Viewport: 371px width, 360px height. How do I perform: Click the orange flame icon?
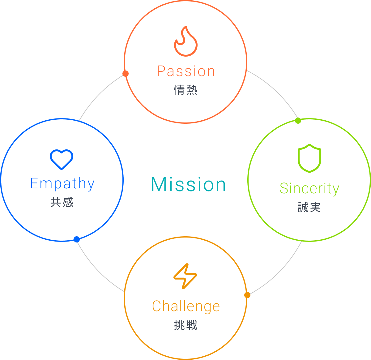point(185,41)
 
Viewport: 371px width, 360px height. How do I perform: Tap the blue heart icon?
point(62,159)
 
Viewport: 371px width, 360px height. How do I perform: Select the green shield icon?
point(309,158)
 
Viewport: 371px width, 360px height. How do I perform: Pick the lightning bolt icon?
point(185,276)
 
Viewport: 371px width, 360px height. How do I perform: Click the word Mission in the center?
point(189,184)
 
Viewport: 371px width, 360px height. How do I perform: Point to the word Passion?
point(186,71)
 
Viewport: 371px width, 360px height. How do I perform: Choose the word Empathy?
point(62,184)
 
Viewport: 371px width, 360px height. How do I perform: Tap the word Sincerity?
point(309,188)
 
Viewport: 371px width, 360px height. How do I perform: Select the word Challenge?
point(186,306)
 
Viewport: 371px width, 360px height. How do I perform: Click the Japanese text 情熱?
point(185,90)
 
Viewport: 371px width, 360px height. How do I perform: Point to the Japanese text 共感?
point(62,202)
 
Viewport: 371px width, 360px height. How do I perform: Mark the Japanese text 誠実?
point(309,207)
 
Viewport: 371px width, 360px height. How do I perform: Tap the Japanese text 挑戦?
point(185,325)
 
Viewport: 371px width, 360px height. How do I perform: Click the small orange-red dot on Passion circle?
point(125,74)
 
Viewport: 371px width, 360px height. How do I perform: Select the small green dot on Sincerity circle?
point(298,121)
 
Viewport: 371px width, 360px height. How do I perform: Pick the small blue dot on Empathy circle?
point(76,239)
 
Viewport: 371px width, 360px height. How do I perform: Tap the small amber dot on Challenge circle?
point(247,295)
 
